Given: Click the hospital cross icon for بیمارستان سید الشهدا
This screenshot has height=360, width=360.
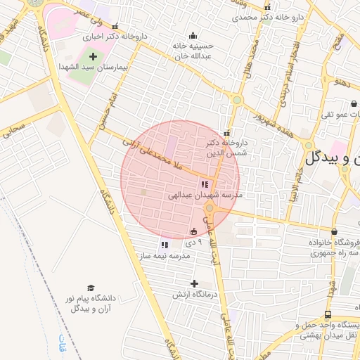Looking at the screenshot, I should coord(93,56).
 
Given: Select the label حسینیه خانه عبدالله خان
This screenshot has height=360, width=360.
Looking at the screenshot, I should coord(193,51).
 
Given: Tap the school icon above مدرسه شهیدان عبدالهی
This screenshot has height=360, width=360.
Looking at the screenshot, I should coord(204,184).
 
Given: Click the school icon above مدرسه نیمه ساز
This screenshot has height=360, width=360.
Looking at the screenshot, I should coord(164,245).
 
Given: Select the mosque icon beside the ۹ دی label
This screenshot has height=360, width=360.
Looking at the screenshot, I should coord(194,231).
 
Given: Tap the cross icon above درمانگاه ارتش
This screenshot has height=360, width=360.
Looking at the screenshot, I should coord(194,283).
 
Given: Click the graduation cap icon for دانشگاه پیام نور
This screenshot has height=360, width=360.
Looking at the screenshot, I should coord(90,288).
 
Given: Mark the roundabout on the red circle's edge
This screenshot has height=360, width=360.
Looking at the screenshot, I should coord(210,207).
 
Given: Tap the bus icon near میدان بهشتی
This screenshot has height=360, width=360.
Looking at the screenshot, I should coord(328,315).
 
